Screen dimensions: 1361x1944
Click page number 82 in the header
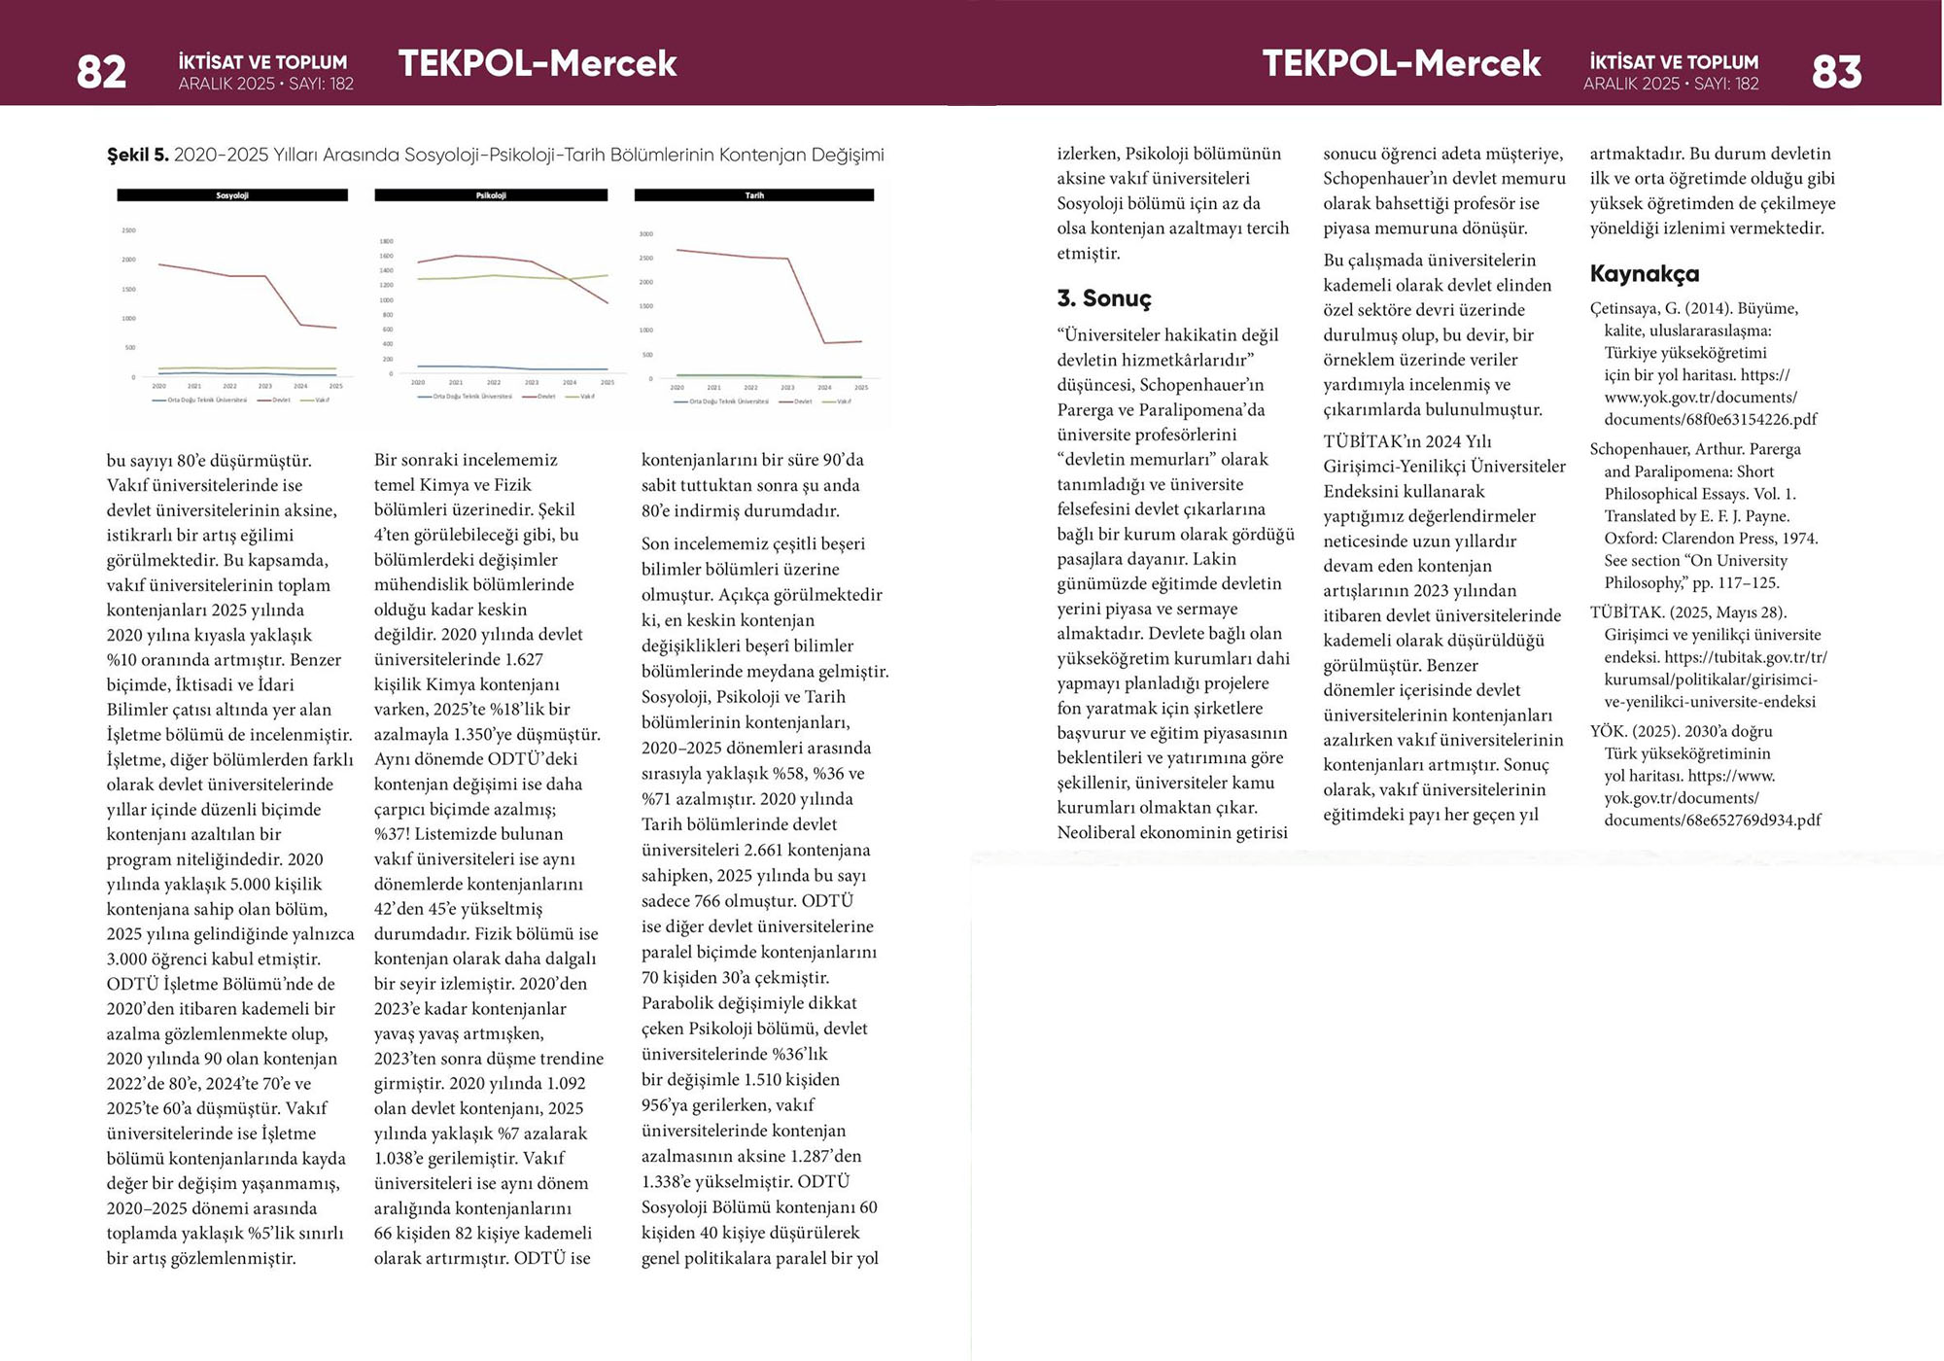[x=101, y=72]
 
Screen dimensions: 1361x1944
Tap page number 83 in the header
[x=1836, y=72]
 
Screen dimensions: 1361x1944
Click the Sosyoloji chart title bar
[x=232, y=195]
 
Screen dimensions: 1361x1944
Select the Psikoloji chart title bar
[x=491, y=195]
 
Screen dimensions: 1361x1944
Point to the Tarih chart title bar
[x=754, y=195]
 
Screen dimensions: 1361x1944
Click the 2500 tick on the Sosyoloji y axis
[x=128, y=230]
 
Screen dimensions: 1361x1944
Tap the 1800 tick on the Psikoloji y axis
[x=386, y=241]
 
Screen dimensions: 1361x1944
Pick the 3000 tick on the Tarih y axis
[x=646, y=234]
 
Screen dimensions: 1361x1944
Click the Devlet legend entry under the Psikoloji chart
[x=545, y=397]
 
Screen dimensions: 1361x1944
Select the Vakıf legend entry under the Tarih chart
[x=843, y=401]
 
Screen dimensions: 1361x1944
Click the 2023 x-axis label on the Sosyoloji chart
[x=264, y=386]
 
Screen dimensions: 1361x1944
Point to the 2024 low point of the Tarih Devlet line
[x=824, y=342]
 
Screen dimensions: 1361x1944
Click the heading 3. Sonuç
[x=1104, y=298]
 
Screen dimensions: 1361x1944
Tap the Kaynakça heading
[x=1645, y=274]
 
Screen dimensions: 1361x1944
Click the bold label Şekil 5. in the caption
[x=137, y=156]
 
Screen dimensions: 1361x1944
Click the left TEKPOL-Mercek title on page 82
[x=538, y=64]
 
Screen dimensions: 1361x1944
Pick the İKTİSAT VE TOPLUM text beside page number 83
[x=1674, y=62]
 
